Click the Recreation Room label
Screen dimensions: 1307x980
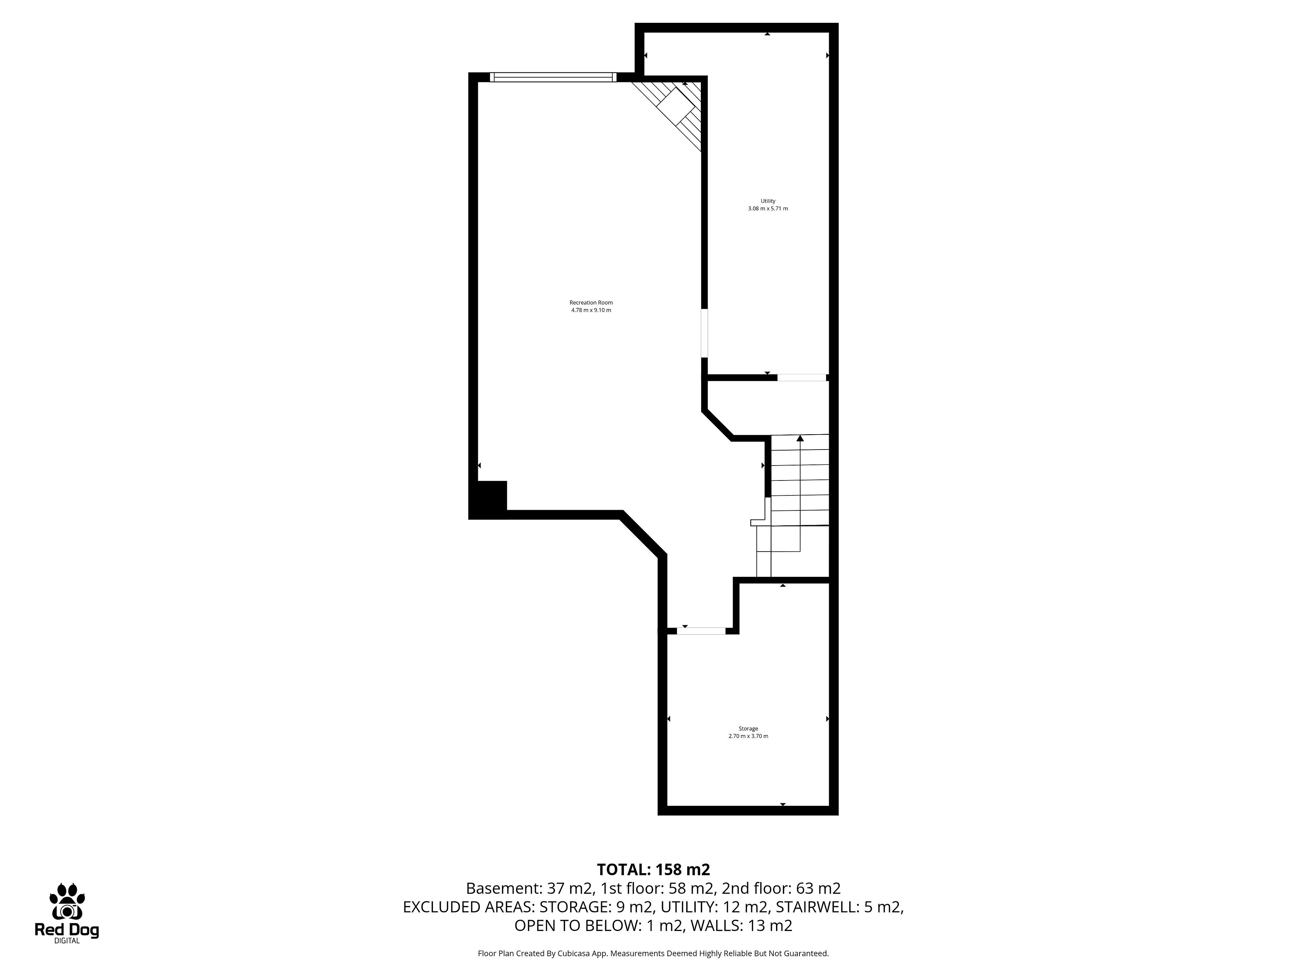pos(591,303)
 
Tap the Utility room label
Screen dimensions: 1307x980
pos(768,201)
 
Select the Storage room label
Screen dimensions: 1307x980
pos(748,728)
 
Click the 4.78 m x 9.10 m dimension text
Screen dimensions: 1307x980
pos(591,310)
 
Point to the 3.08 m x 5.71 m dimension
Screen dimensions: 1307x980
pos(768,209)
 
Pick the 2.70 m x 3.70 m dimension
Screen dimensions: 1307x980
pos(748,736)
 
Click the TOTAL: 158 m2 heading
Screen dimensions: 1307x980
pos(653,869)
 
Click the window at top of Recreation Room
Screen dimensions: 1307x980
pos(553,77)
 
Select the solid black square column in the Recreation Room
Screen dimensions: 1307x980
pos(489,497)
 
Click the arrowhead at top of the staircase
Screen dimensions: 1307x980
pos(800,438)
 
